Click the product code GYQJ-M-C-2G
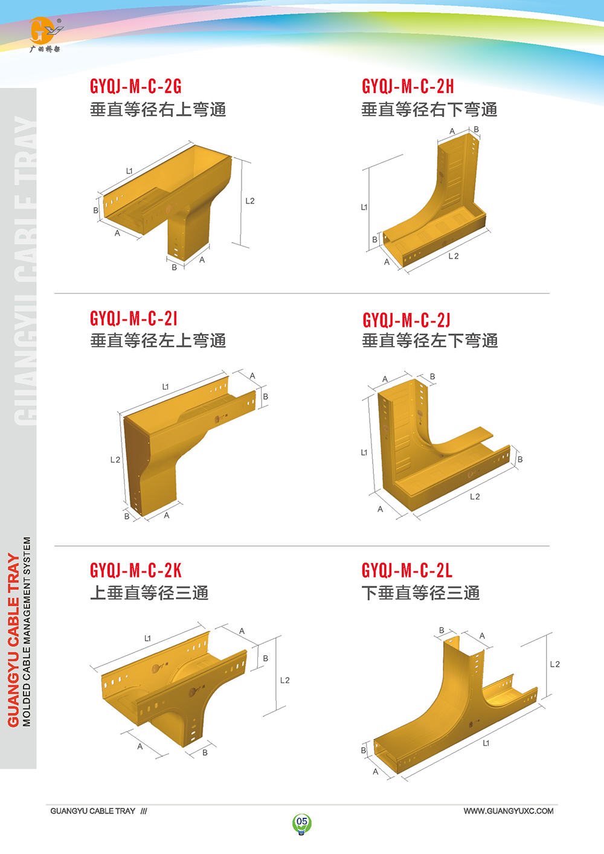point(135,86)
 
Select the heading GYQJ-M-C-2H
point(408,86)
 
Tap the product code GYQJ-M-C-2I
point(133,318)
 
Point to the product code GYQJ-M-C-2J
point(406,319)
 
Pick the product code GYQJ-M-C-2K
point(135,570)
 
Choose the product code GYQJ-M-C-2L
point(407,570)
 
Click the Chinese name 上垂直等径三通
point(149,593)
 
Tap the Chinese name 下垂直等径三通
point(420,593)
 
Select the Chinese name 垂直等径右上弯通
point(158,109)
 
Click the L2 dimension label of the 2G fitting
point(250,201)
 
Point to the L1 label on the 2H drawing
point(364,207)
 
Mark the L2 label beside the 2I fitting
point(115,460)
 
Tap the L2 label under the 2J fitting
point(475,496)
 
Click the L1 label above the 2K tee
point(147,638)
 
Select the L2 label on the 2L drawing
point(555,664)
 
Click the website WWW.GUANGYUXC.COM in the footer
point(509,811)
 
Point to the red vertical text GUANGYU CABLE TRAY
point(13,640)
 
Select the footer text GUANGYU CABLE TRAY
point(92,811)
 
